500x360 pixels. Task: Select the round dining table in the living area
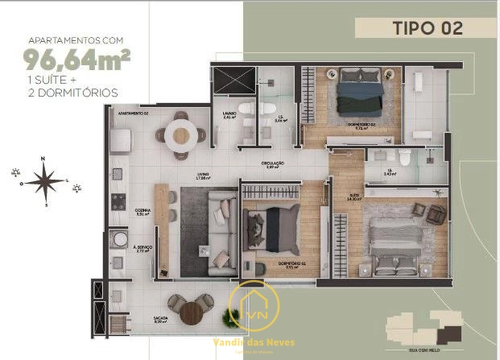180,134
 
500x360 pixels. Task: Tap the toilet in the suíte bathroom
402,156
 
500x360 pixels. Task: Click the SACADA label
137,318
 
